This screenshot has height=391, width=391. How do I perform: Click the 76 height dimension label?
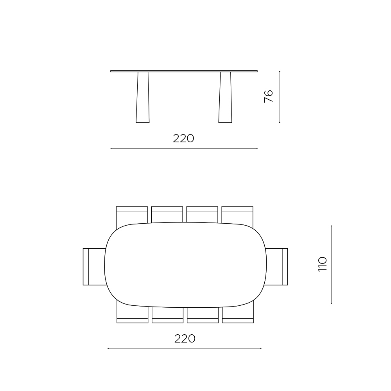point(269,96)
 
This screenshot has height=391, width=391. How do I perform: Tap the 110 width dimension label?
point(323,264)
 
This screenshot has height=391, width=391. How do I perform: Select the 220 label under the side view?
point(183,138)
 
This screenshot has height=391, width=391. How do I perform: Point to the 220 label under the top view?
point(185,339)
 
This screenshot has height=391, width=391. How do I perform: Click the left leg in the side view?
point(143,97)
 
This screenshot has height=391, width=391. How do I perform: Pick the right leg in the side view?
point(225,97)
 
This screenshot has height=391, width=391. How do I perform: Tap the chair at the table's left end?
point(94,267)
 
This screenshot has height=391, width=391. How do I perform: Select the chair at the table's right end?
point(276,267)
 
